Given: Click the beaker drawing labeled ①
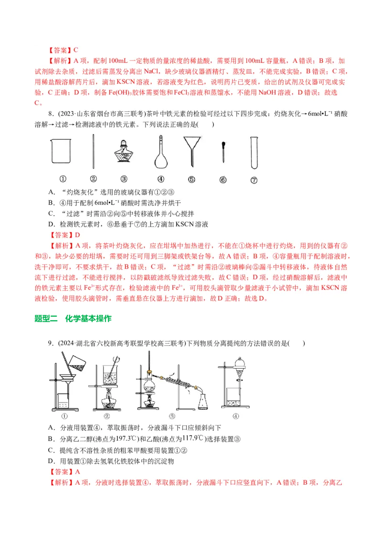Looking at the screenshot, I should (61, 151).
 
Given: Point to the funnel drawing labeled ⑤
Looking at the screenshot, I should (191, 150).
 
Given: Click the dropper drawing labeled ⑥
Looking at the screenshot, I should (223, 152).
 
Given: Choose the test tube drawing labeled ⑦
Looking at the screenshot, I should (254, 153).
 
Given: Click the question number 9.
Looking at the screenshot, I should (49, 343).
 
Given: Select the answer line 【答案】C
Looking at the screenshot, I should (63, 50).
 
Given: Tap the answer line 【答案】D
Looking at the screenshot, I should (64, 235).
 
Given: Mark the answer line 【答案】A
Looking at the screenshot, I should (64, 472).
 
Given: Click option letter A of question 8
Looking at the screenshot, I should (51, 192).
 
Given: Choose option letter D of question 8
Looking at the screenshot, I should (51, 224).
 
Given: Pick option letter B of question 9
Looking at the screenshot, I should (51, 439).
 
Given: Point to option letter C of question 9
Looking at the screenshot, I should (51, 450).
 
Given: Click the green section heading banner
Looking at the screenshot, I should (74, 319).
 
